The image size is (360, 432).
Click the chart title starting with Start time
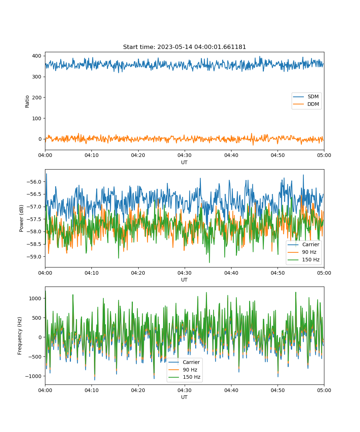point(184,47)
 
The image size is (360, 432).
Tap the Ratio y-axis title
point(27,101)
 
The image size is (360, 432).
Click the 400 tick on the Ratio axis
point(37,56)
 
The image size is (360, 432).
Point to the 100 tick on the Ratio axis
point(37,118)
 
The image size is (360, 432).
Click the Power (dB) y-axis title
point(22,218)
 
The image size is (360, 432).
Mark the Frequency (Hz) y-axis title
point(20,336)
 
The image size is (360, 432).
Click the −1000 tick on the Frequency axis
point(35,376)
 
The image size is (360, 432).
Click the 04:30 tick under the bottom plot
point(185,390)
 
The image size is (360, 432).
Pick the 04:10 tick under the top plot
point(91,156)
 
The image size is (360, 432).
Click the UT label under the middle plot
point(184,280)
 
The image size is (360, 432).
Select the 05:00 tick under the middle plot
point(324,273)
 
